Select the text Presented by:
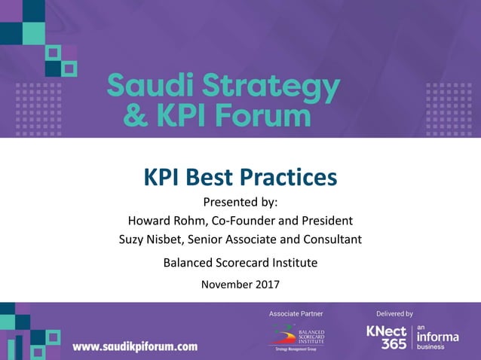240,202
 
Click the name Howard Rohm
161,221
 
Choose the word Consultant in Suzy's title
331,239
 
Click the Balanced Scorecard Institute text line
240,263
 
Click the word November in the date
226,285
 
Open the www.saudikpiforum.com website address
135,346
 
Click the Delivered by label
394,313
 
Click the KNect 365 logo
386,337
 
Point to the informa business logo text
437,337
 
